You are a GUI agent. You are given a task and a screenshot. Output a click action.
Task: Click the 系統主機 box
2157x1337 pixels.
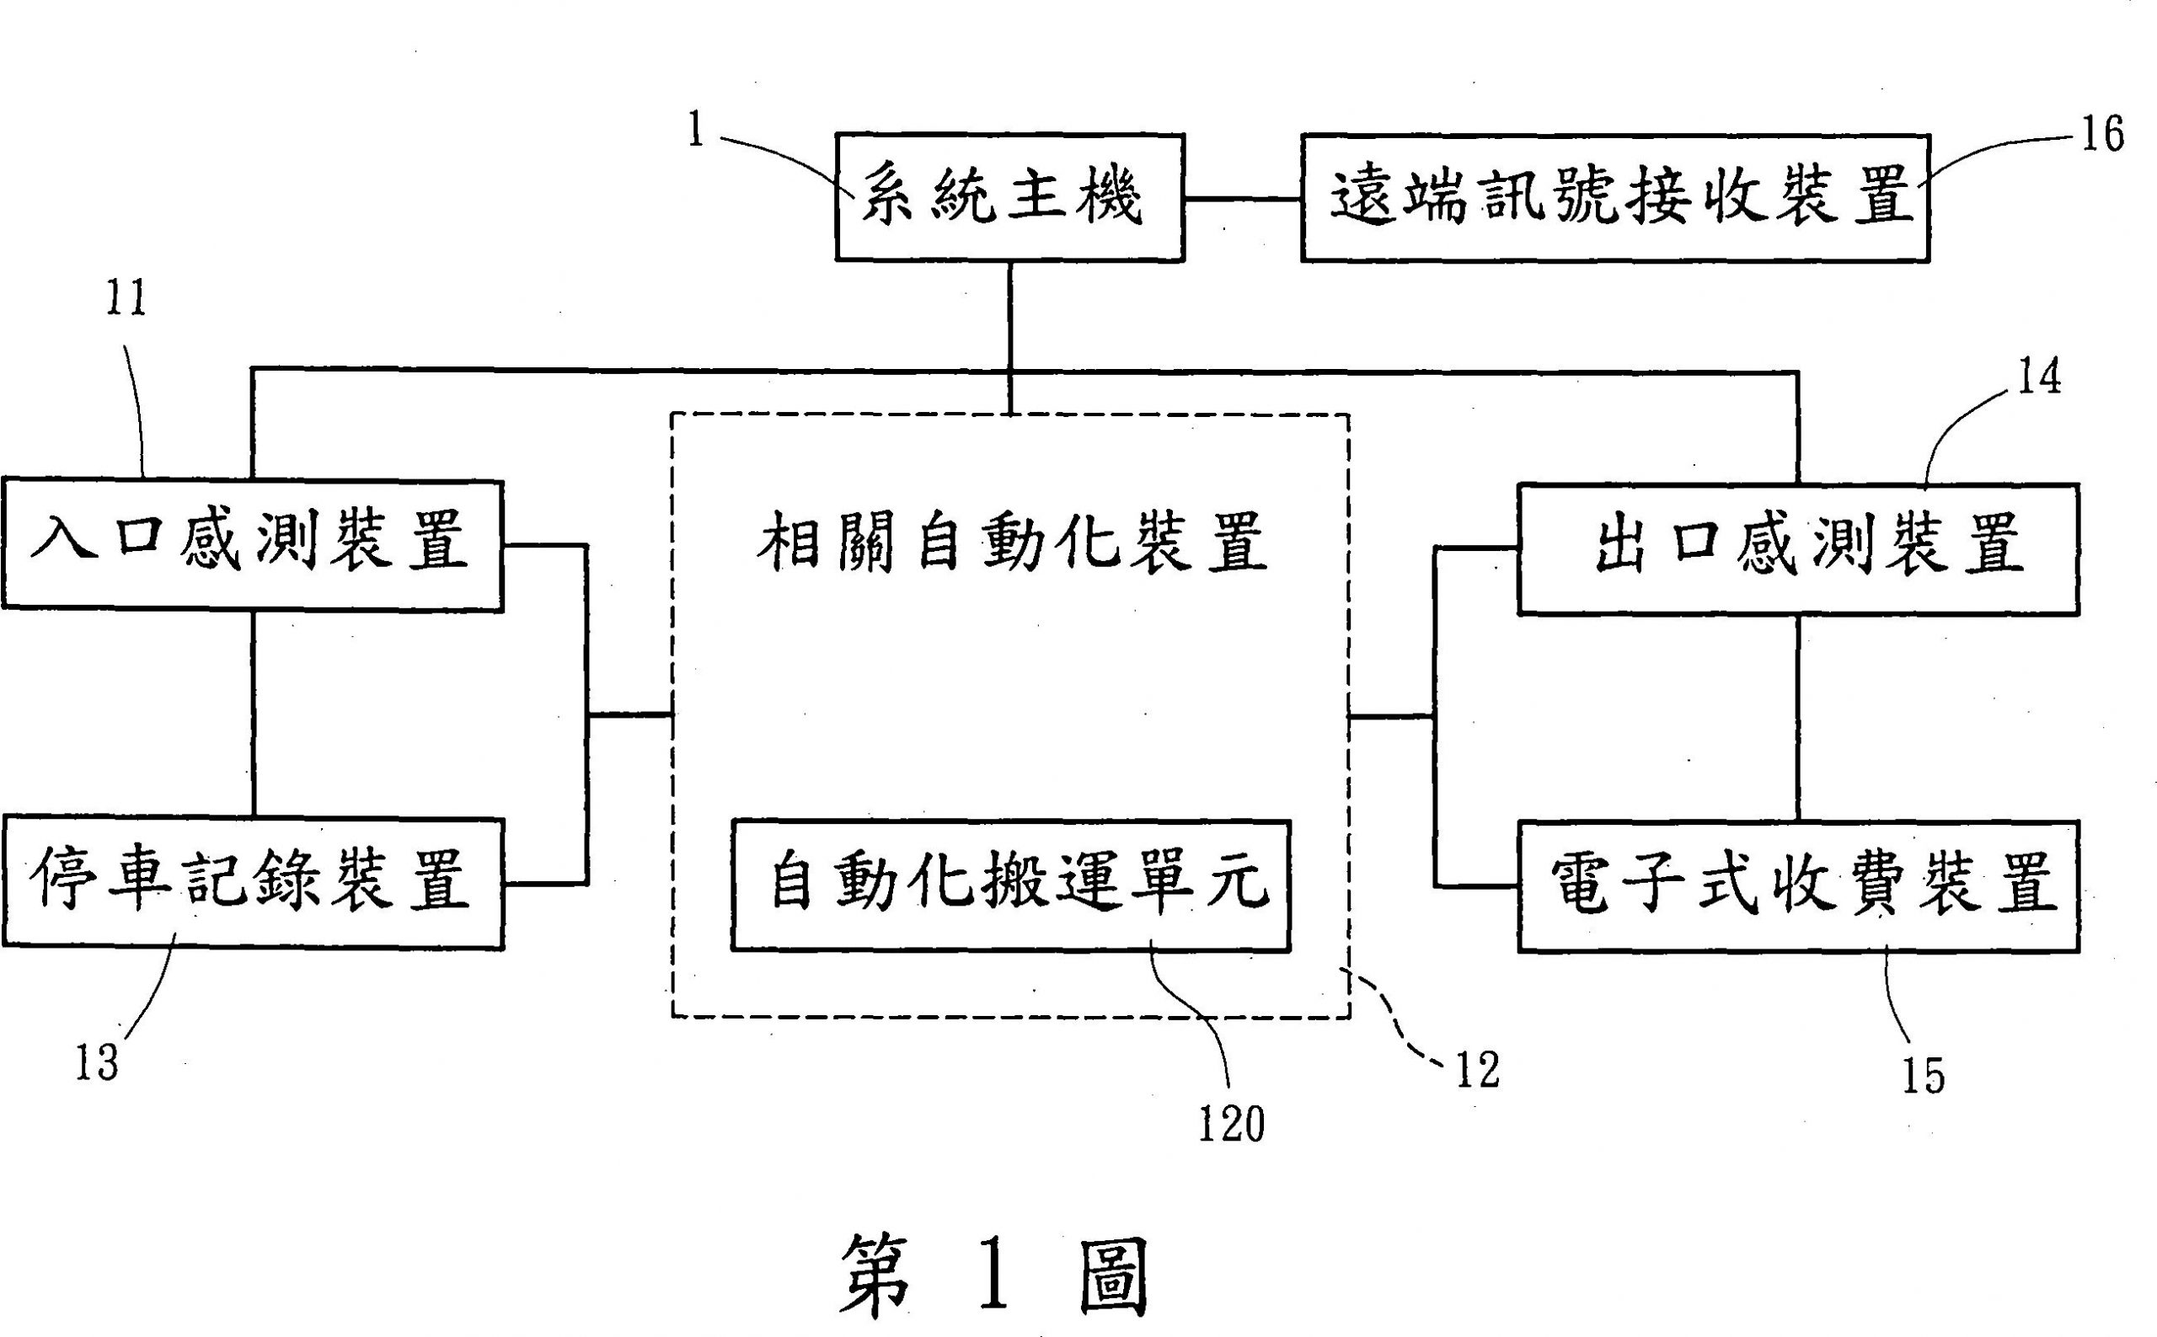[1009, 197]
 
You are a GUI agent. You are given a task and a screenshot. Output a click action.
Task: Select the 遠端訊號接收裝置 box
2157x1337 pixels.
[1615, 197]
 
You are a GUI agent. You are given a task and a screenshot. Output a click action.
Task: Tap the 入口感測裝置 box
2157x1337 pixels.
[253, 545]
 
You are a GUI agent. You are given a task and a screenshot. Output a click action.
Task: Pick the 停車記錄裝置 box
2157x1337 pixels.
[253, 884]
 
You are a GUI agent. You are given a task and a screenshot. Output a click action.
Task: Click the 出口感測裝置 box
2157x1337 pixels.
[1798, 548]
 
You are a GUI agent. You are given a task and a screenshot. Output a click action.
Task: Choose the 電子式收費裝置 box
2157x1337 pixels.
[1798, 887]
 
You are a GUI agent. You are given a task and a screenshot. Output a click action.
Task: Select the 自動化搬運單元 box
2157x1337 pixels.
[1010, 885]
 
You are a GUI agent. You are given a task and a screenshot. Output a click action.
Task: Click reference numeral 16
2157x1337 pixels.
[2101, 136]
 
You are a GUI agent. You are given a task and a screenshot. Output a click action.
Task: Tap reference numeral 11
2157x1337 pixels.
[126, 299]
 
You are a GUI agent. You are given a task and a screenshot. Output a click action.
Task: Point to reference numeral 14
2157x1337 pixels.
[2037, 377]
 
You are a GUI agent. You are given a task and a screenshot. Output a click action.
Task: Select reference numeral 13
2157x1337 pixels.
[96, 1062]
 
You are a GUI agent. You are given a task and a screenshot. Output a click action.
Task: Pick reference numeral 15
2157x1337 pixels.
[1924, 1076]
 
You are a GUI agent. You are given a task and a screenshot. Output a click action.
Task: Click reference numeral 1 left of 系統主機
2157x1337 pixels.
[696, 131]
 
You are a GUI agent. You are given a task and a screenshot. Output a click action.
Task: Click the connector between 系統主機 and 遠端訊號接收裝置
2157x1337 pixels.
[1243, 200]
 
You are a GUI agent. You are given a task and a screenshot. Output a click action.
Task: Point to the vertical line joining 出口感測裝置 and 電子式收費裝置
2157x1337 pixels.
[1798, 718]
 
